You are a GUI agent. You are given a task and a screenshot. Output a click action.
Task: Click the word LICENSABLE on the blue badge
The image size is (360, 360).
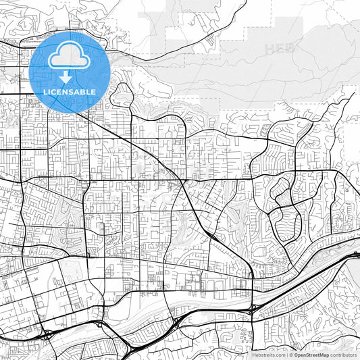(x=70, y=91)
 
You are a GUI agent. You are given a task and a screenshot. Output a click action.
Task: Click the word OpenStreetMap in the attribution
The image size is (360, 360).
(x=311, y=355)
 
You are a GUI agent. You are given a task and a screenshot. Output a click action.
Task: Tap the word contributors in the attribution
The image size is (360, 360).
(x=343, y=355)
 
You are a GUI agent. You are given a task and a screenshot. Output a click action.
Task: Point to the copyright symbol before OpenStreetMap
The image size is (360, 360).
(x=292, y=355)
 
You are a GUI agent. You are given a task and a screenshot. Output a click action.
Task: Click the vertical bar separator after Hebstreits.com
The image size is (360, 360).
(x=287, y=355)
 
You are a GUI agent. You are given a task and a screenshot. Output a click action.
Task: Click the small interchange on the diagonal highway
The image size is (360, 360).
(x=211, y=236)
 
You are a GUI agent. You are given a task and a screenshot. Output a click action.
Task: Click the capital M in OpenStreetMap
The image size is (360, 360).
(x=322, y=355)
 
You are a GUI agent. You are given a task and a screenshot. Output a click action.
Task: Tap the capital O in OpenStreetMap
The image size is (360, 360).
(x=297, y=355)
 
